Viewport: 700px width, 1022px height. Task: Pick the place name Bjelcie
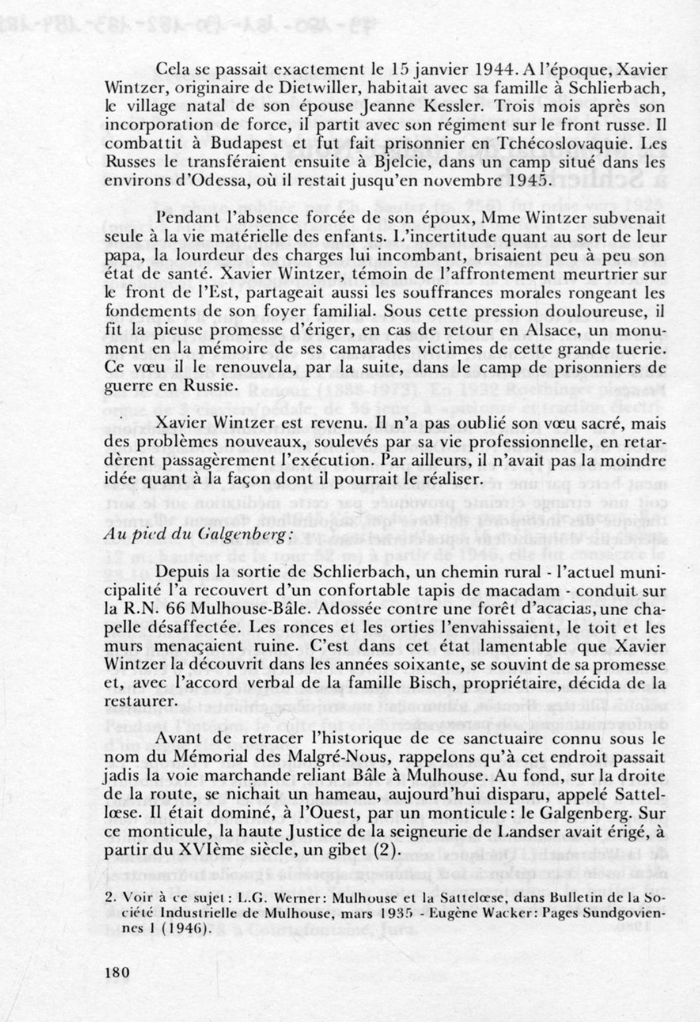(x=389, y=162)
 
